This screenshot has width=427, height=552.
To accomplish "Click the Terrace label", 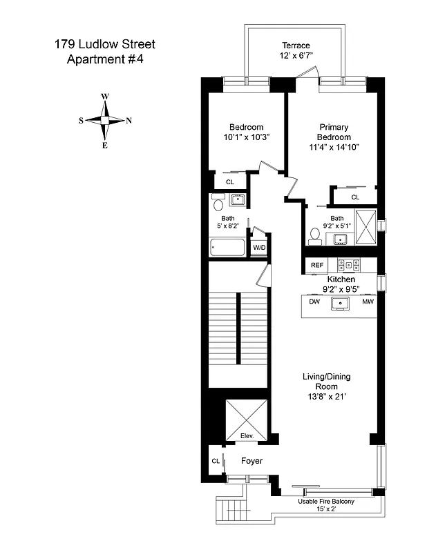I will [294, 45].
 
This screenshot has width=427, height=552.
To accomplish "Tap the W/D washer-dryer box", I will [259, 247].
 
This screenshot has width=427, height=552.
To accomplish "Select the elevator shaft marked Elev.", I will [246, 420].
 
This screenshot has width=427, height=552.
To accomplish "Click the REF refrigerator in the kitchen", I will [317, 265].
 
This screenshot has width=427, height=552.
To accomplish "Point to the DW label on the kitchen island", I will [314, 302].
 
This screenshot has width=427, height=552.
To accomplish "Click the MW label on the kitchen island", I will [368, 302].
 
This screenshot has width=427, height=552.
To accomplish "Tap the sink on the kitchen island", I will [341, 303].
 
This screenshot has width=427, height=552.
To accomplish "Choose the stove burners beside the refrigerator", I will [348, 265].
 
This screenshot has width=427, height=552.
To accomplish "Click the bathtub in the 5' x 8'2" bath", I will [228, 247].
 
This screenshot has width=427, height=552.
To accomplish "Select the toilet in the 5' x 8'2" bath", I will [218, 204].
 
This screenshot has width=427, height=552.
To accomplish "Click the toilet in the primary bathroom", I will [315, 236].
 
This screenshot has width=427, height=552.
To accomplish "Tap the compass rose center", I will [104, 120].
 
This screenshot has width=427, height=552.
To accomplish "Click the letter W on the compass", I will [104, 97].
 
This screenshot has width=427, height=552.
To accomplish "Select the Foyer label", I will [252, 460].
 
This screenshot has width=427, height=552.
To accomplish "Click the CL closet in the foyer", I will [215, 461].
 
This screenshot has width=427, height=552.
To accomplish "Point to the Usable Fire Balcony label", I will [325, 502].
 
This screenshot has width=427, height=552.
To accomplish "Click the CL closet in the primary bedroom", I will [355, 197].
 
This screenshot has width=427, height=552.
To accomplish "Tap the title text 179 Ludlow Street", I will [105, 45].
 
